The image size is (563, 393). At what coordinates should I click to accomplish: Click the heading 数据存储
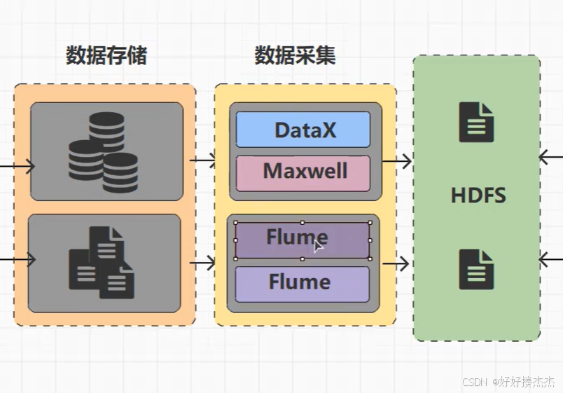106,56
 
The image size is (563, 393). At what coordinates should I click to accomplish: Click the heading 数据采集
295,56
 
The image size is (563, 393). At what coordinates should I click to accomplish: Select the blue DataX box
303,130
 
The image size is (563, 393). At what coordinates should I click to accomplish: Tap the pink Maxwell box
303,172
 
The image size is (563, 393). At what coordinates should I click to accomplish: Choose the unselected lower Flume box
303,283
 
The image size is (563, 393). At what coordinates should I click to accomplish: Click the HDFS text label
478,195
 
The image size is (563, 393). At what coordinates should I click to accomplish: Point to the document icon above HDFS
476,123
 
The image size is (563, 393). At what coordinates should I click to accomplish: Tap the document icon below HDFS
476,270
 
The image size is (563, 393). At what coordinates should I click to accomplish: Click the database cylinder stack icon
103,153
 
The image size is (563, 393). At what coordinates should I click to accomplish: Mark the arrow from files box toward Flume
203,263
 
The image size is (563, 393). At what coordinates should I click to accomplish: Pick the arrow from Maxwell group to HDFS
396,162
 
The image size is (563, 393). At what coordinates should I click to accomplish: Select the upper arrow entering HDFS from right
550,157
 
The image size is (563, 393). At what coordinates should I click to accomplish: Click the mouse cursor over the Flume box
319,245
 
